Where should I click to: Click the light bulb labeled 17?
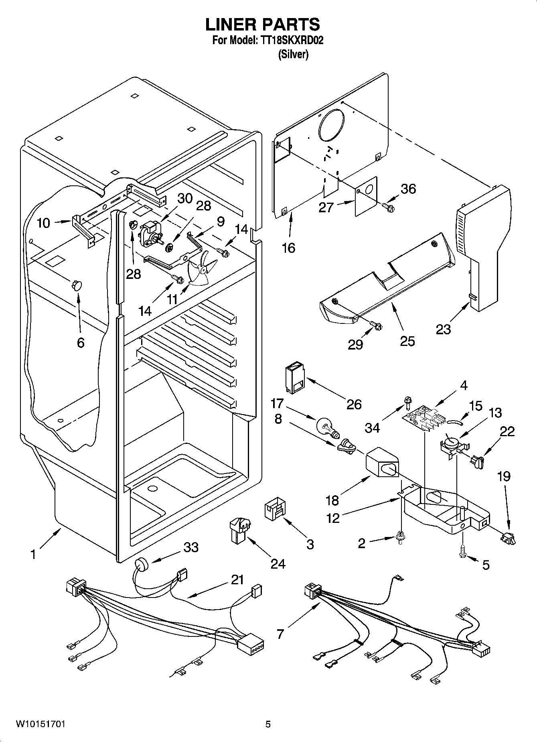click(327, 427)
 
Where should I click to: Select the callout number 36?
click(408, 189)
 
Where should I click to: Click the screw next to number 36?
click(389, 207)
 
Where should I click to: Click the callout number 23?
click(444, 329)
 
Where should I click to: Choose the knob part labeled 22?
click(478, 461)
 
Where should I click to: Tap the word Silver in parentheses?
click(294, 54)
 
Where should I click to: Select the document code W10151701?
click(40, 724)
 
